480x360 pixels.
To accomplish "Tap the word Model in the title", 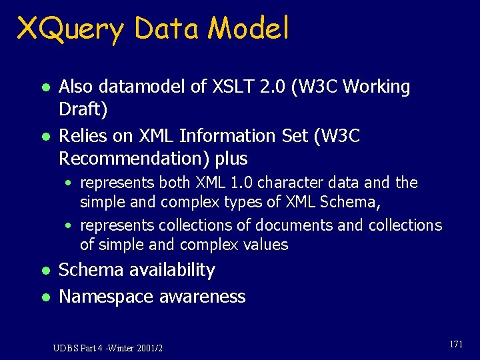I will pyautogui.click(x=249, y=29).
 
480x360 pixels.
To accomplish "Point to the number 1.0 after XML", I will pyautogui.click(x=243, y=183).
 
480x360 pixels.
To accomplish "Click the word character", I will pyautogui.click(x=289, y=183).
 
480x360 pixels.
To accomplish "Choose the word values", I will pyautogui.click(x=266, y=245).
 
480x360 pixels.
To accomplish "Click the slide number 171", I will pyautogui.click(x=457, y=344).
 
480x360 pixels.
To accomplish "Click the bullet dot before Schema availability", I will pyautogui.click(x=44, y=271).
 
